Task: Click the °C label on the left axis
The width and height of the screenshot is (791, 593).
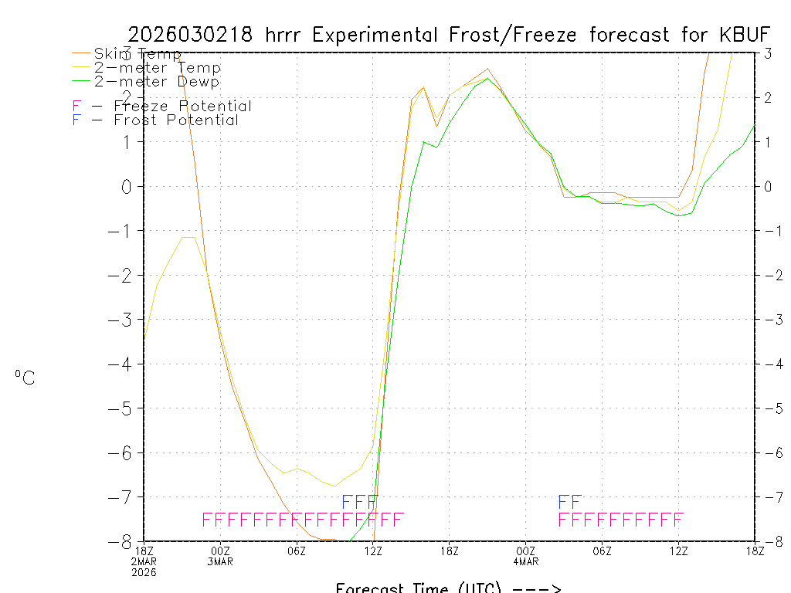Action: point(25,378)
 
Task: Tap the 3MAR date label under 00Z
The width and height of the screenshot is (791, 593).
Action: point(221,561)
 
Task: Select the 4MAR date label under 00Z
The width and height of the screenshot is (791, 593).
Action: point(526,561)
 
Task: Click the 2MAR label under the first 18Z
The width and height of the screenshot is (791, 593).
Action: point(144,561)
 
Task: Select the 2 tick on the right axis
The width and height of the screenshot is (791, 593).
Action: point(768,97)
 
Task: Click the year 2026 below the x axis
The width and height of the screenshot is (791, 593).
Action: point(144,572)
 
